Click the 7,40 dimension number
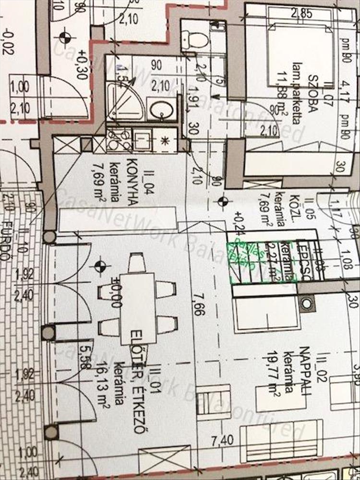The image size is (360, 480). (217, 439)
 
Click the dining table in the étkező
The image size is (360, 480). (137, 307)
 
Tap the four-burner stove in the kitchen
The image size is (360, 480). (115, 140)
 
